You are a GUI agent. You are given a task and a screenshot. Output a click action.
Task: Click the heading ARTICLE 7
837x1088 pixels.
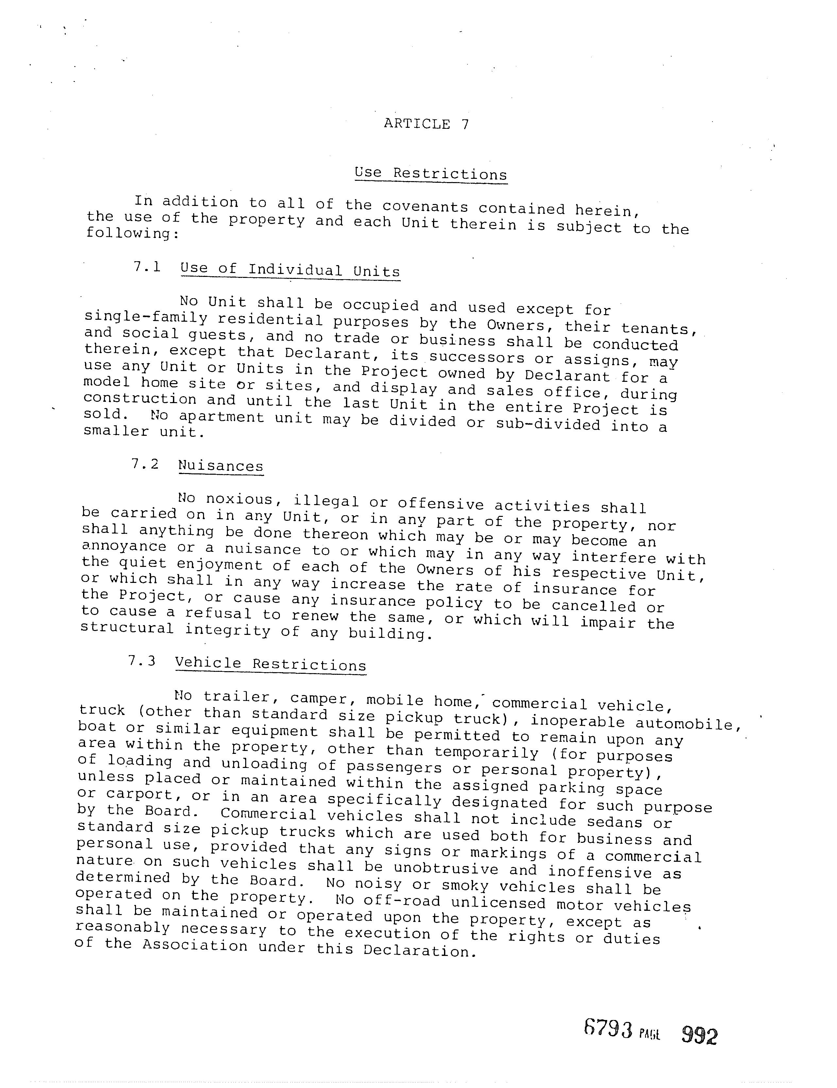[x=426, y=124]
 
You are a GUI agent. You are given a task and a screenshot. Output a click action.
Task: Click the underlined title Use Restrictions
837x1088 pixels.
[x=431, y=174]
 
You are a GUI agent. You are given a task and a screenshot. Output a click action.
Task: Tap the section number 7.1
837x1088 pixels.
[x=147, y=267]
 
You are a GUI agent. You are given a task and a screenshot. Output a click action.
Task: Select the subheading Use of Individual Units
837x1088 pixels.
[x=290, y=270]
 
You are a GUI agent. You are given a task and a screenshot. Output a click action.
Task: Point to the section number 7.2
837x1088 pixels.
[x=145, y=464]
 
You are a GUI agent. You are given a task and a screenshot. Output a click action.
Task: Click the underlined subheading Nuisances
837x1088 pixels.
[x=221, y=466]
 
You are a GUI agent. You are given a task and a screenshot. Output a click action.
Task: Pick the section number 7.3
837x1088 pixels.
[x=142, y=661]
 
